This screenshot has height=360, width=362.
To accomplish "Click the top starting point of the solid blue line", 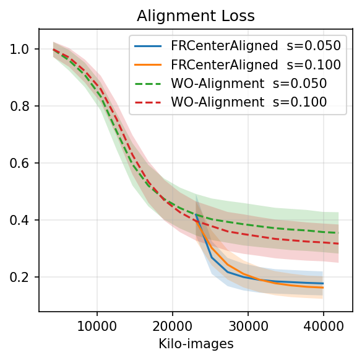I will pos(196,214).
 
